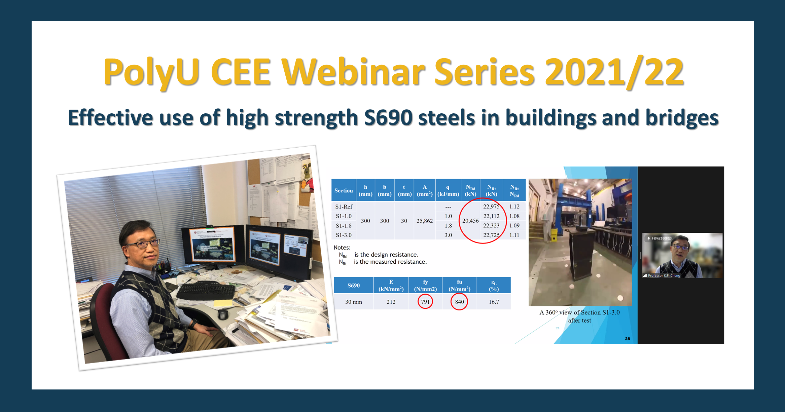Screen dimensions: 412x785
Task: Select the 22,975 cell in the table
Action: [491, 207]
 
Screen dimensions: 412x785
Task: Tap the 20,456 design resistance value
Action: [470, 221]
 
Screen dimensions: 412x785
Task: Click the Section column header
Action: [343, 190]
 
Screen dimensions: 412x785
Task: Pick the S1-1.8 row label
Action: [343, 226]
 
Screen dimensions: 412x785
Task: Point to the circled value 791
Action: [425, 302]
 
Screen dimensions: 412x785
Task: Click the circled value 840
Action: [459, 302]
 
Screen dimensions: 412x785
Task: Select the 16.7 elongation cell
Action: [494, 302]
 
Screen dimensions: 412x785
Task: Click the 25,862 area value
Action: [424, 221]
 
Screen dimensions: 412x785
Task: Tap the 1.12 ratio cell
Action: [514, 207]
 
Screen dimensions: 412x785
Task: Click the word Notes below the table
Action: [342, 248]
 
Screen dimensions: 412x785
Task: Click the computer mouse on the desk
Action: [222, 315]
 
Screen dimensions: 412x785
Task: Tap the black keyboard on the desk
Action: [205, 291]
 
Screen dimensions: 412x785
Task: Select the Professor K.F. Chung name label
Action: [664, 275]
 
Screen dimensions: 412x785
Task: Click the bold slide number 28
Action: [627, 339]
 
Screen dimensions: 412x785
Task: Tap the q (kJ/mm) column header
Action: [448, 190]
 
